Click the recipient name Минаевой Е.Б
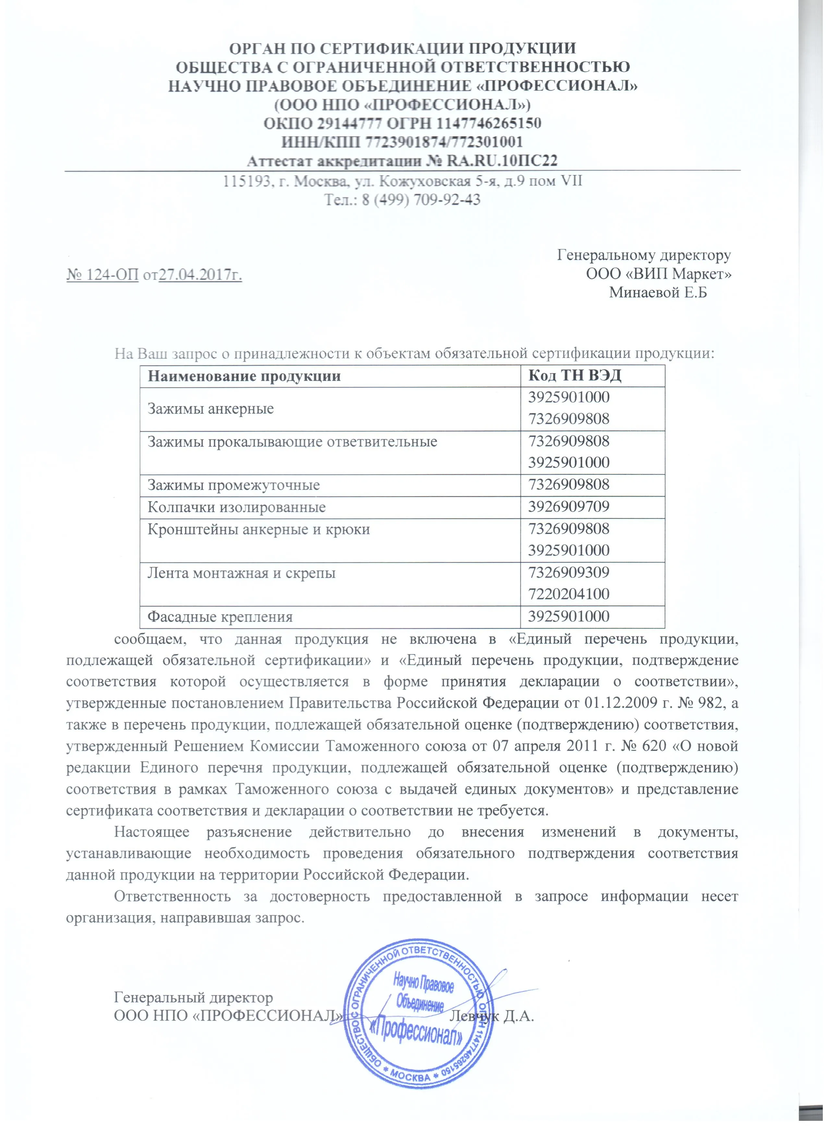[658, 292]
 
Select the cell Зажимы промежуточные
[234, 486]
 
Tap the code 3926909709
[569, 507]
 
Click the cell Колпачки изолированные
[237, 507]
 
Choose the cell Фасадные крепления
[220, 617]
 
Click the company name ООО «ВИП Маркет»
[658, 275]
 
